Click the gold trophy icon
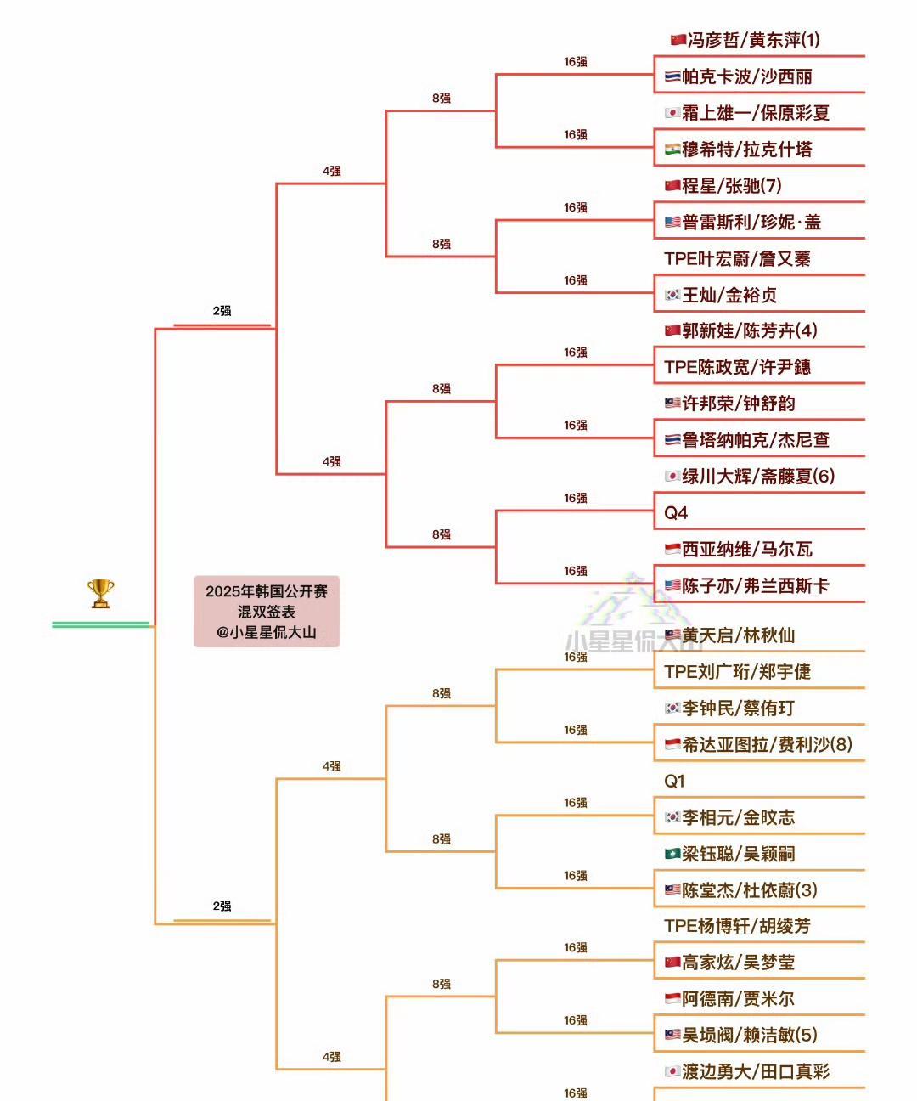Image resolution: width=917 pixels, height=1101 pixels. (100, 594)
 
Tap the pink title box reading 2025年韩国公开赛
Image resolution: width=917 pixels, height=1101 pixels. (267, 612)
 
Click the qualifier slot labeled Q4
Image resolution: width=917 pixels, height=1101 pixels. (676, 513)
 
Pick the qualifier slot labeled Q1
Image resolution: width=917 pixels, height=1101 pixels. (674, 781)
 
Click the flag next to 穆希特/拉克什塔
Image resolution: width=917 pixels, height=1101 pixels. (672, 150)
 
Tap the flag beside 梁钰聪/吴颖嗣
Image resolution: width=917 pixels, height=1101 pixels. (672, 854)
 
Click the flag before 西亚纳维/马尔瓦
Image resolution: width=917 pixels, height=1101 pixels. (672, 550)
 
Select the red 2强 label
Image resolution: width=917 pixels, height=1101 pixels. (222, 311)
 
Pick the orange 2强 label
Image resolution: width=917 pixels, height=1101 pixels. (222, 906)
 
